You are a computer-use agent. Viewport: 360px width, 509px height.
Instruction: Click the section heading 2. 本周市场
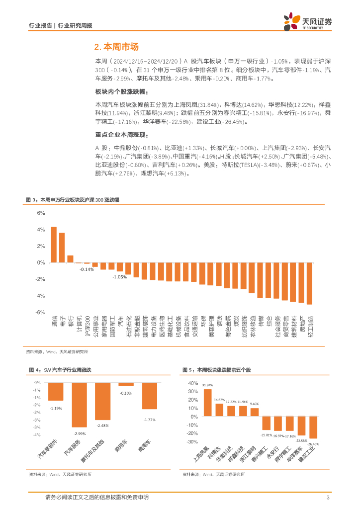tap(117, 47)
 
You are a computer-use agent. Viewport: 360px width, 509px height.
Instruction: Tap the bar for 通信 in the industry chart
tap(54, 245)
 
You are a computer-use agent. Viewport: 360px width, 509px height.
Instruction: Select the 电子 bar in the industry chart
tap(62, 248)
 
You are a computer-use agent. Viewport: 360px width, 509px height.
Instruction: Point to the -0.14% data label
tap(87, 269)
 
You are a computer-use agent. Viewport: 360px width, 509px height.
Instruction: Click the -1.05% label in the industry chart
tap(119, 276)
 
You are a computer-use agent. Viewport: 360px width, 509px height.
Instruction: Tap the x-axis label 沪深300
tap(88, 326)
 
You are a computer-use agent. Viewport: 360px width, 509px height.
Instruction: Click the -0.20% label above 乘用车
tap(126, 393)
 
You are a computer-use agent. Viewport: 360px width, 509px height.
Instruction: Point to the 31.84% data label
tap(207, 385)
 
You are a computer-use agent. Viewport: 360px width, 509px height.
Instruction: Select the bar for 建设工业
tap(313, 427)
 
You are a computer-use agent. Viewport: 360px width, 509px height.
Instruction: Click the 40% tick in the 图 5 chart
tap(191, 383)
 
